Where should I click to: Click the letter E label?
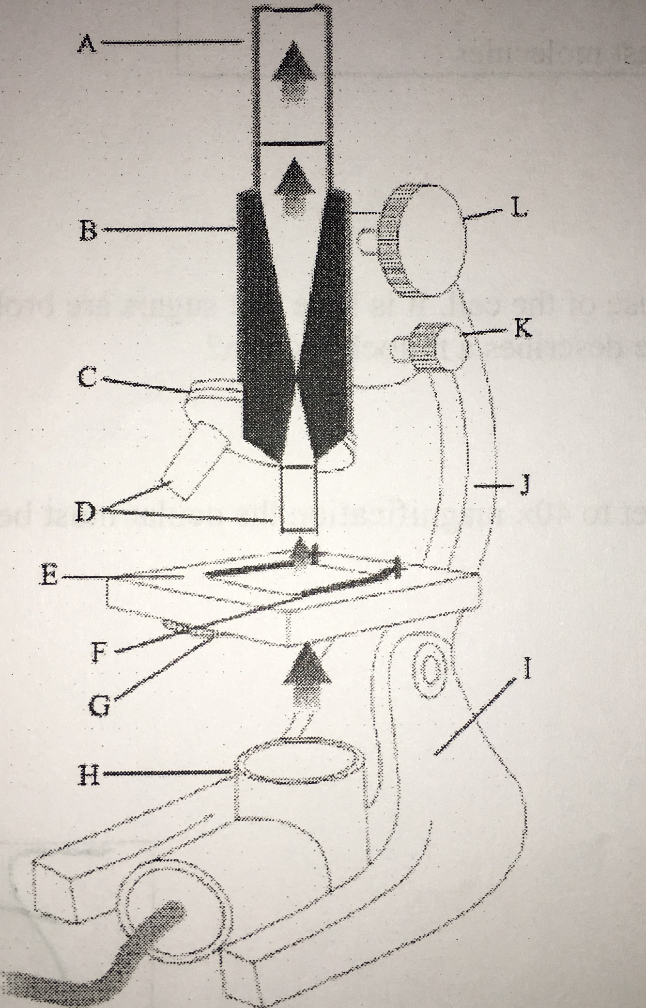pyautogui.click(x=49, y=577)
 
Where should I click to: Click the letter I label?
pyautogui.click(x=528, y=671)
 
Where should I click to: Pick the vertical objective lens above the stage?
pyautogui.click(x=298, y=499)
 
